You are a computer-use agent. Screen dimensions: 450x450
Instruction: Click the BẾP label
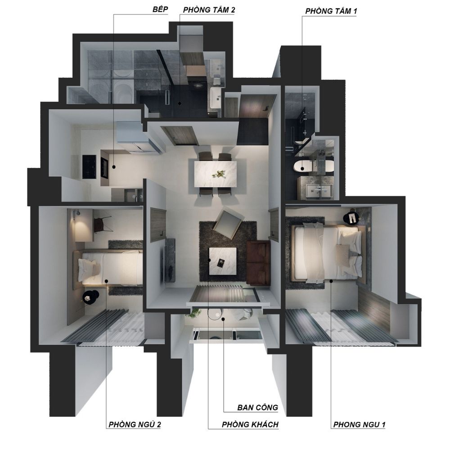coord(160,9)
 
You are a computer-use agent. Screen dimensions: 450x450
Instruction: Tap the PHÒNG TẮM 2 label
coord(209,10)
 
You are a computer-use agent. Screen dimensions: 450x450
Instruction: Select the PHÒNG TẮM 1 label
coord(331,11)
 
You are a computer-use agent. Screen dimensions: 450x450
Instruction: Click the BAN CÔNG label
coord(258,407)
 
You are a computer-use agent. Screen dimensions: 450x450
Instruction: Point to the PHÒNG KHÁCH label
coord(250,424)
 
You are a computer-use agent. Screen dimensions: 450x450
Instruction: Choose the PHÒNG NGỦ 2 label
coord(135,424)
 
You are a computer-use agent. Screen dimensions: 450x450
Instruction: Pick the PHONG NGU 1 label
coord(359,424)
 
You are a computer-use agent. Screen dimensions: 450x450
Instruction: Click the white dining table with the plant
coord(216,174)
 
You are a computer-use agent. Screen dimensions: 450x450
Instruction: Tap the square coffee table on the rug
coord(223,261)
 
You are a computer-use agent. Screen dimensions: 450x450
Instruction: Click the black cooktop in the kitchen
coord(89,167)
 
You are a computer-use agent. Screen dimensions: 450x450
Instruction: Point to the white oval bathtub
coord(313,166)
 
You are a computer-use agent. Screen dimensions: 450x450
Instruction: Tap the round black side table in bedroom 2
coord(91,298)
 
